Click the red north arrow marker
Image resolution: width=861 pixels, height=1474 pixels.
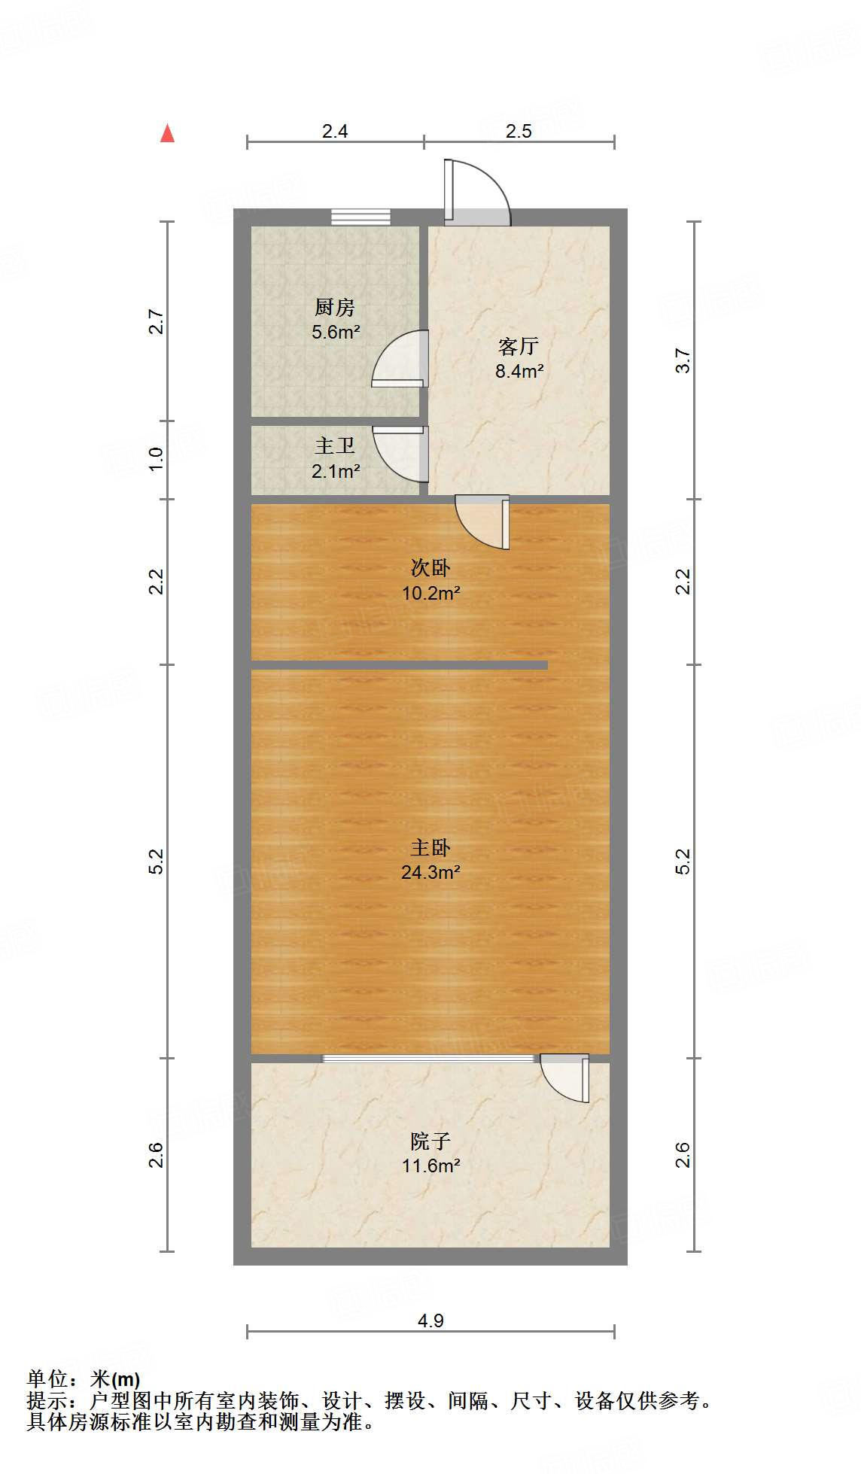pyautogui.click(x=167, y=134)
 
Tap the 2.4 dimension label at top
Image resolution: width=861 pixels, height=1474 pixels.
pyautogui.click(x=335, y=131)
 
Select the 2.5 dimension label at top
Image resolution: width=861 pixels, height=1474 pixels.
pyautogui.click(x=519, y=131)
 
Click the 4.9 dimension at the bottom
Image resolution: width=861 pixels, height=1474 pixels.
pyautogui.click(x=430, y=1321)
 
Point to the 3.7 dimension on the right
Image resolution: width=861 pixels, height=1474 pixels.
pyautogui.click(x=683, y=360)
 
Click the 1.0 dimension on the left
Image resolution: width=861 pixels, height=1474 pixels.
pyautogui.click(x=156, y=459)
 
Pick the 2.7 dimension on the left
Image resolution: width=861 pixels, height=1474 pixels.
pyautogui.click(x=156, y=322)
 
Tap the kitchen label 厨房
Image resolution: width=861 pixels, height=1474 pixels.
pyautogui.click(x=335, y=307)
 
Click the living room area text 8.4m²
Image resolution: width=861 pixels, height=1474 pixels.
pyautogui.click(x=519, y=371)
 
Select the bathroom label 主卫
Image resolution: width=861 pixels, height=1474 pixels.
pyautogui.click(x=335, y=446)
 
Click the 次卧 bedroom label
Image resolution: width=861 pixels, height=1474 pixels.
pyautogui.click(x=430, y=567)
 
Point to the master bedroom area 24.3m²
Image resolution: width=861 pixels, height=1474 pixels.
pyautogui.click(x=430, y=872)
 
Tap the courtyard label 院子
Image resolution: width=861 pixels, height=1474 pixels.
pyautogui.click(x=430, y=1141)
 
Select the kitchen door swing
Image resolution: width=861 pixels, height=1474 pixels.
pyautogui.click(x=400, y=360)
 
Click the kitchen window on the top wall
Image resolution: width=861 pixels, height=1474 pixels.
pyautogui.click(x=361, y=217)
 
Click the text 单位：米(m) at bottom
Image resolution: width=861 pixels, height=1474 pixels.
pyautogui.click(x=84, y=1378)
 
